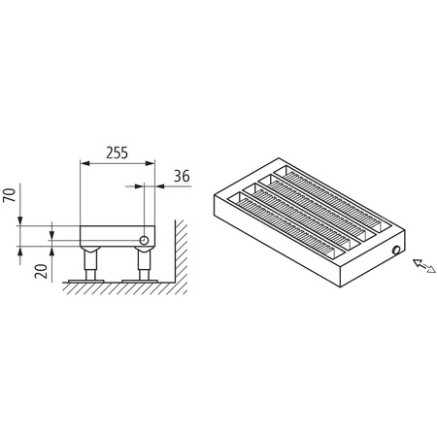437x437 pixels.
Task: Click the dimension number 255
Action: (x=116, y=153)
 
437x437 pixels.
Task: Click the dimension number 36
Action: (x=180, y=176)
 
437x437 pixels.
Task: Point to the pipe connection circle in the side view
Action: (x=143, y=238)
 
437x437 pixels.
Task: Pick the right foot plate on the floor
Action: (x=143, y=283)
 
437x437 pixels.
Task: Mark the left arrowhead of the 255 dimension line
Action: (x=84, y=163)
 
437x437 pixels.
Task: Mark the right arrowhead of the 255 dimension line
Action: (x=150, y=163)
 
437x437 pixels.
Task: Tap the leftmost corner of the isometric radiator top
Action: (x=213, y=197)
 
